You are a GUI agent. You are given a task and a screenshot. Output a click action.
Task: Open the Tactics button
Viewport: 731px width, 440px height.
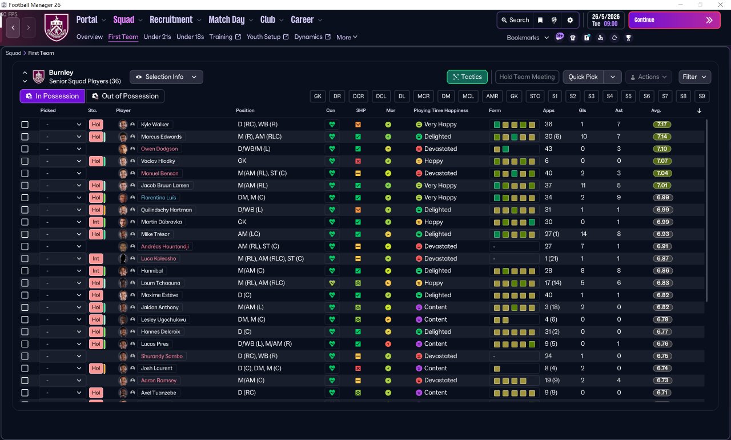point(467,77)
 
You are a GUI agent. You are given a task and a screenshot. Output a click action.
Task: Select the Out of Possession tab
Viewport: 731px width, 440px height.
point(125,96)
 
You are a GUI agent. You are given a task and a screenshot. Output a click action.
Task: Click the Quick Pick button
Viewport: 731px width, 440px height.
point(583,77)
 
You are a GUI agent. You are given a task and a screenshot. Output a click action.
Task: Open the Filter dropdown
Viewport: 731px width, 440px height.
point(694,77)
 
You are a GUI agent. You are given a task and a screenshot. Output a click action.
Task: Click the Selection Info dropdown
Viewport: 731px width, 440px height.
point(166,77)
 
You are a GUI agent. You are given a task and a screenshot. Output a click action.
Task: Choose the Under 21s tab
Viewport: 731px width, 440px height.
point(157,37)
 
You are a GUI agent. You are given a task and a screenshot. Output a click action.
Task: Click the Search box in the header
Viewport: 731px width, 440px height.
point(515,20)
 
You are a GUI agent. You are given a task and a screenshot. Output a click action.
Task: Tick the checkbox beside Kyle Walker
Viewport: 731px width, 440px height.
point(25,125)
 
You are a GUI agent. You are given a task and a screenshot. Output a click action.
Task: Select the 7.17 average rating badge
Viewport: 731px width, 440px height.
point(662,125)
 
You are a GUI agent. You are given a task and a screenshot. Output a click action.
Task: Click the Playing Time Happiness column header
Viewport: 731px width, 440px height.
point(440,110)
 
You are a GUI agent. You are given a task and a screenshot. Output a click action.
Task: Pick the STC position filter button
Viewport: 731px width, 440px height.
point(535,96)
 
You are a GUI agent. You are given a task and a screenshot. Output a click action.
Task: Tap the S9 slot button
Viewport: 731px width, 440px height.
point(701,96)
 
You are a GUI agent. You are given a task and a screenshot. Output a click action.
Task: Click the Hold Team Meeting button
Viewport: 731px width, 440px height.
point(527,77)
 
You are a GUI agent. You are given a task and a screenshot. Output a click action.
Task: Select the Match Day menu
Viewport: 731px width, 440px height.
point(227,20)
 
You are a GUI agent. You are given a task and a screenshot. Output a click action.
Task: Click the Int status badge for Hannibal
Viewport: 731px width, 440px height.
point(96,271)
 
